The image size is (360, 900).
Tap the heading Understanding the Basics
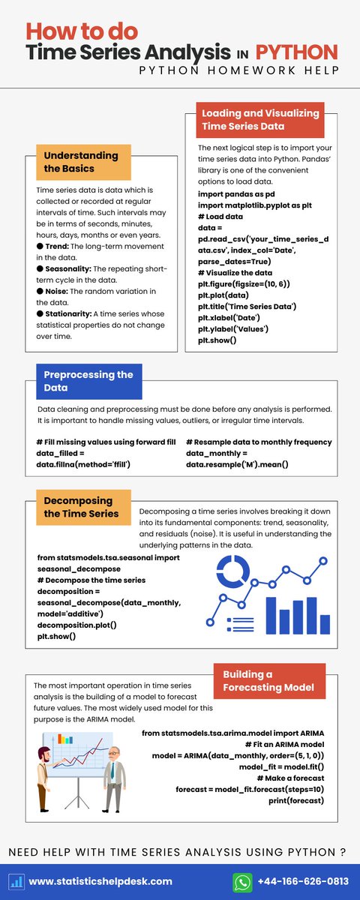click(x=81, y=162)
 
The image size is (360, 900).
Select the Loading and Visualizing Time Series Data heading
click(x=260, y=119)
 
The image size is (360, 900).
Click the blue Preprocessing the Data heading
click(x=88, y=381)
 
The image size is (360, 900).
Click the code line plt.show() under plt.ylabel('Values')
click(x=217, y=340)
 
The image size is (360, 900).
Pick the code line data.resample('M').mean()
click(x=237, y=465)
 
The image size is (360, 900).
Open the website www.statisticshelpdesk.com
click(x=100, y=881)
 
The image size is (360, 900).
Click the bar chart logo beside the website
click(x=17, y=881)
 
